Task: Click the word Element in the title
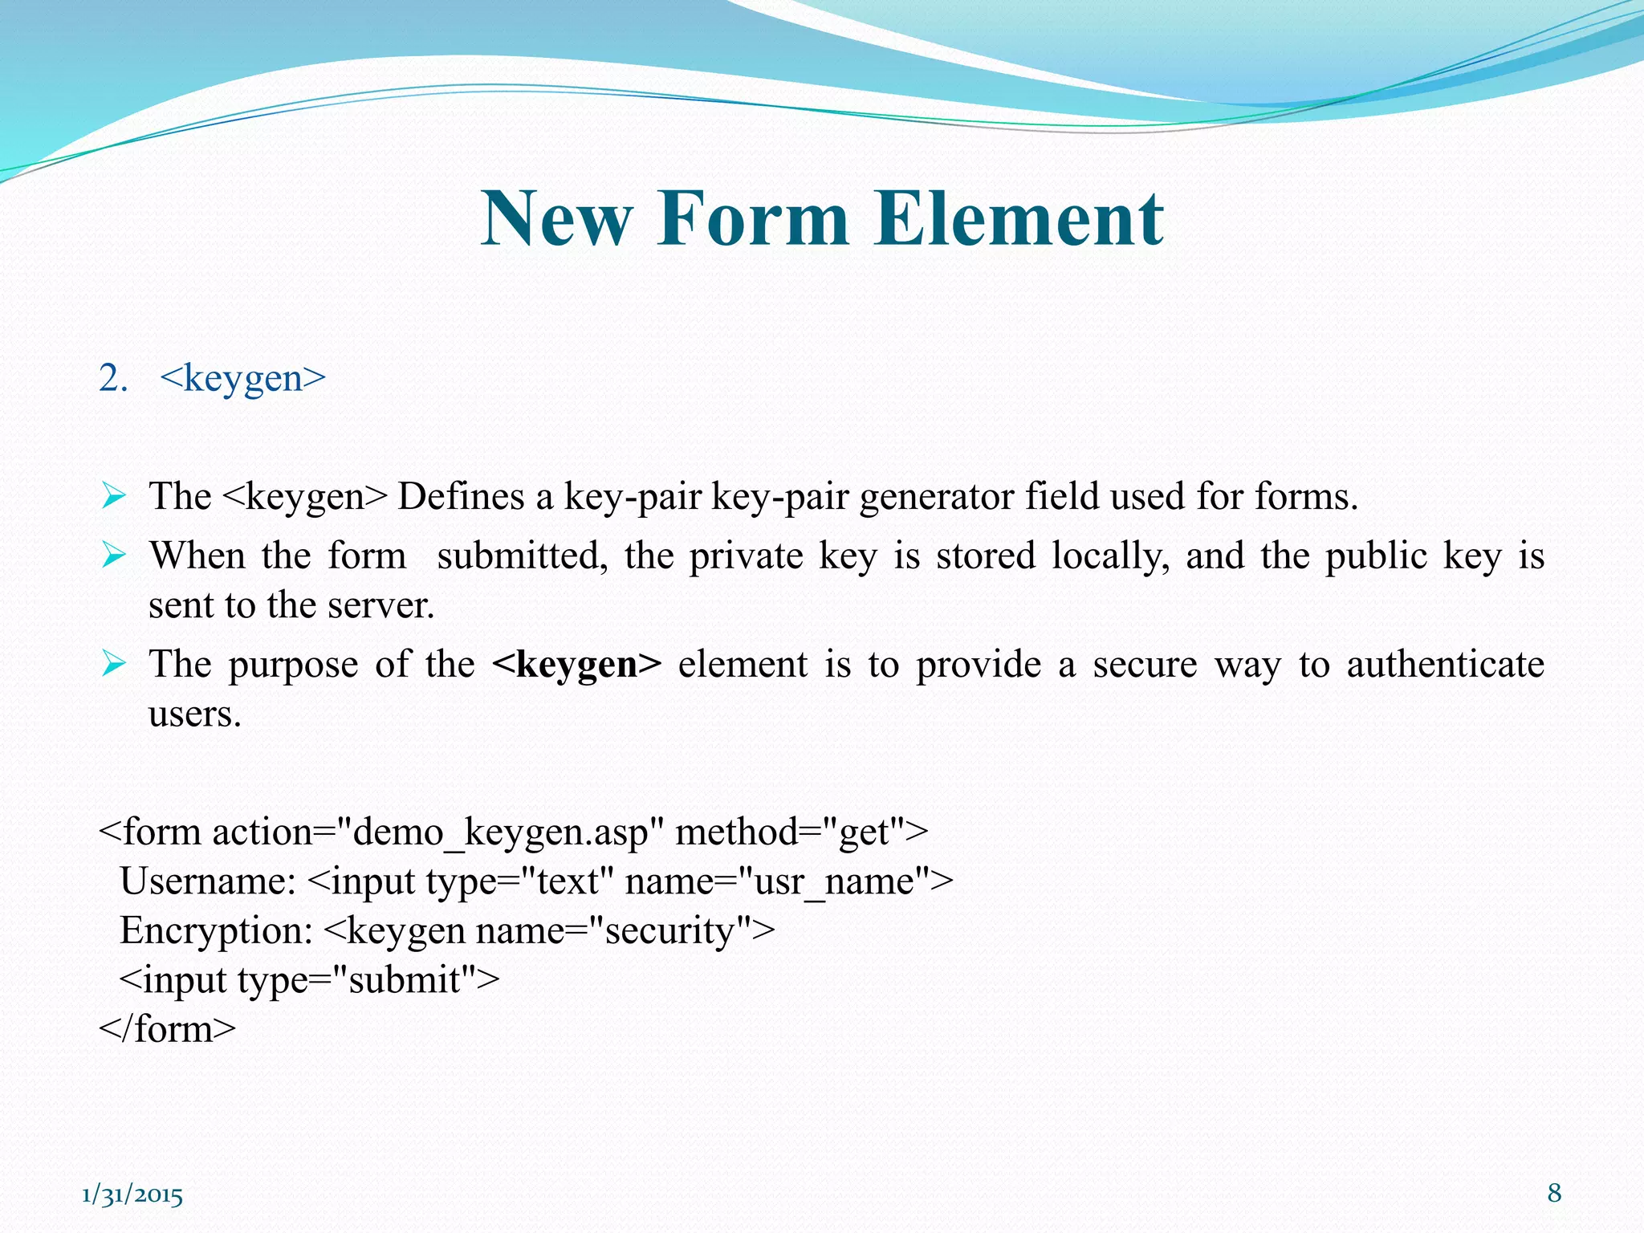(1019, 218)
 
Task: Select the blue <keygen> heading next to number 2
(243, 377)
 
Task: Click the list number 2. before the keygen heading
(113, 377)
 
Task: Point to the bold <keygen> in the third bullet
(577, 665)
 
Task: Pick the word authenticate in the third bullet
(1445, 665)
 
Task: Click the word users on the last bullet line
(194, 714)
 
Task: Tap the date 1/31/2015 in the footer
(132, 1195)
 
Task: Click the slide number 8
(1554, 1193)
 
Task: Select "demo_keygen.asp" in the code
(498, 832)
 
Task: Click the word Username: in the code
(208, 881)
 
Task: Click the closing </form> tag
(167, 1029)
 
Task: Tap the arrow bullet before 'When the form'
(114, 555)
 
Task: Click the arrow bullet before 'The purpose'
(114, 664)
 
